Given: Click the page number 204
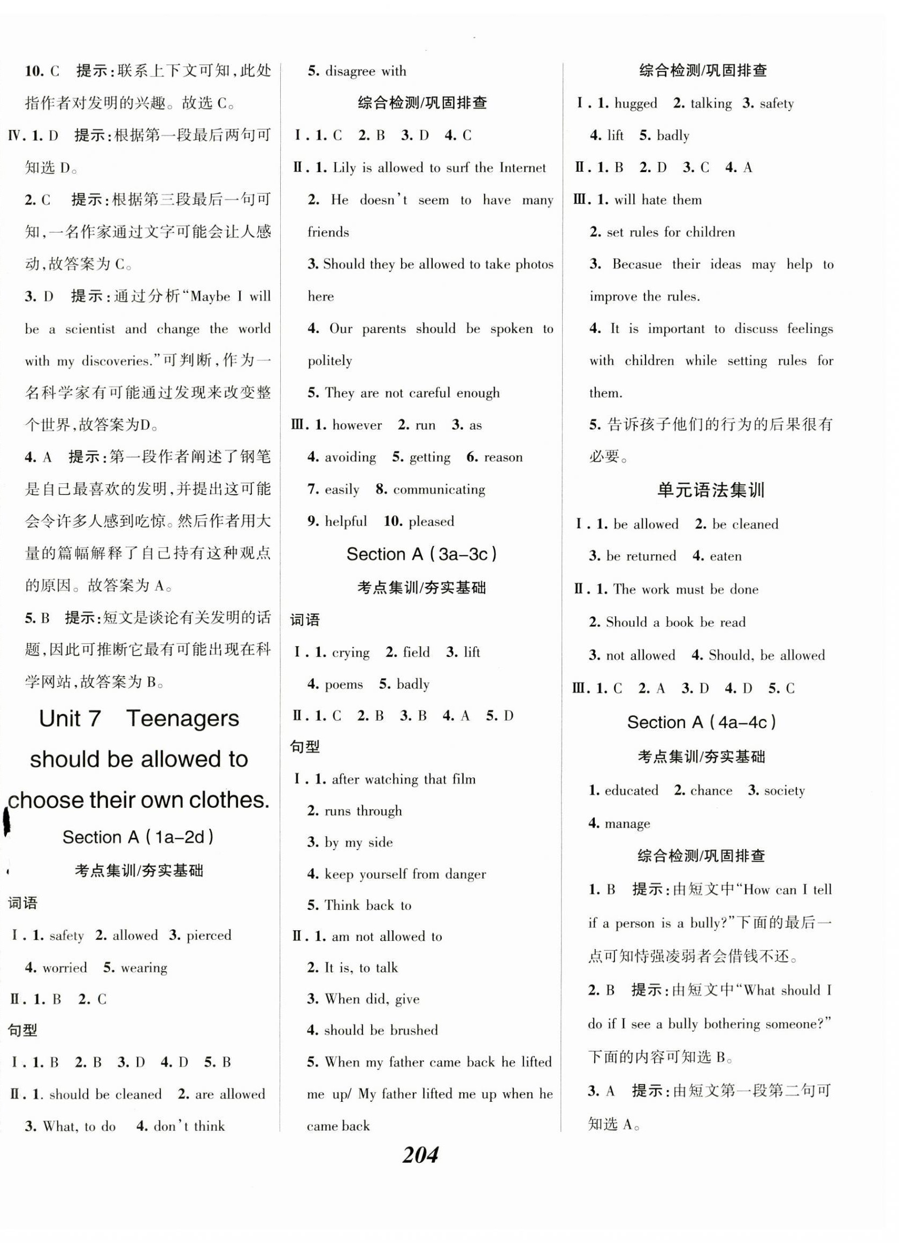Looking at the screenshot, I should click(420, 1155).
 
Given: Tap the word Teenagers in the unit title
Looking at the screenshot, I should click(182, 718).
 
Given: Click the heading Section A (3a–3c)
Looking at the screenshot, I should click(421, 554).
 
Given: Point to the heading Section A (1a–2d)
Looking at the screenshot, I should click(138, 837).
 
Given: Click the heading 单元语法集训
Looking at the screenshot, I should click(710, 489).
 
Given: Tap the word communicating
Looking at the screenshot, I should click(439, 489).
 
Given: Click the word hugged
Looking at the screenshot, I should click(635, 104).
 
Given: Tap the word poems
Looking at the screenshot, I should click(344, 684).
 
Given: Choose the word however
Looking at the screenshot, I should click(357, 426).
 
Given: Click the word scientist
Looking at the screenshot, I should click(90, 329).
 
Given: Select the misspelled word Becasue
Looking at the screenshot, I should click(636, 264).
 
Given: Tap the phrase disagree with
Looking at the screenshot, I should click(366, 71).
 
